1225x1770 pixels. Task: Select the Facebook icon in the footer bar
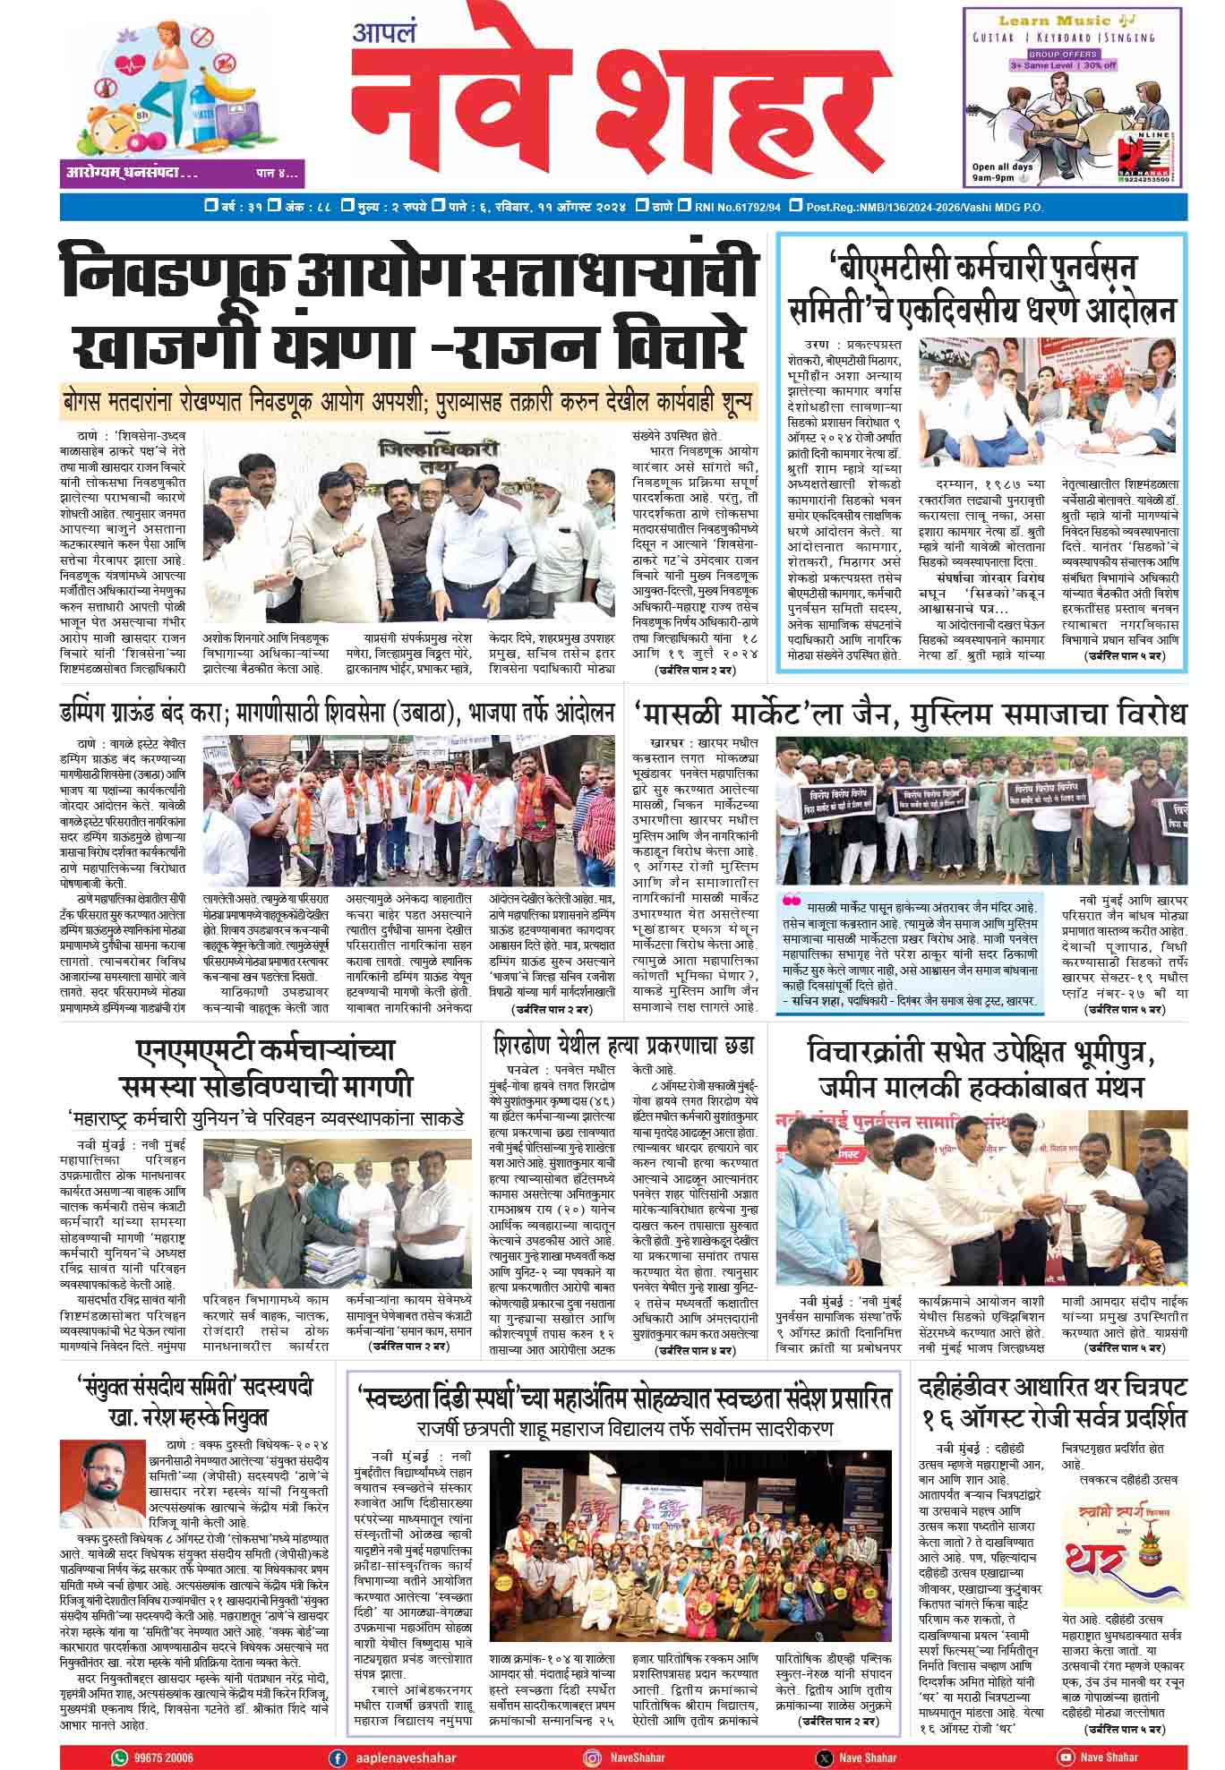tap(338, 1757)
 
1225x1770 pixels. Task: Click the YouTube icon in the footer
tap(1065, 1757)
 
